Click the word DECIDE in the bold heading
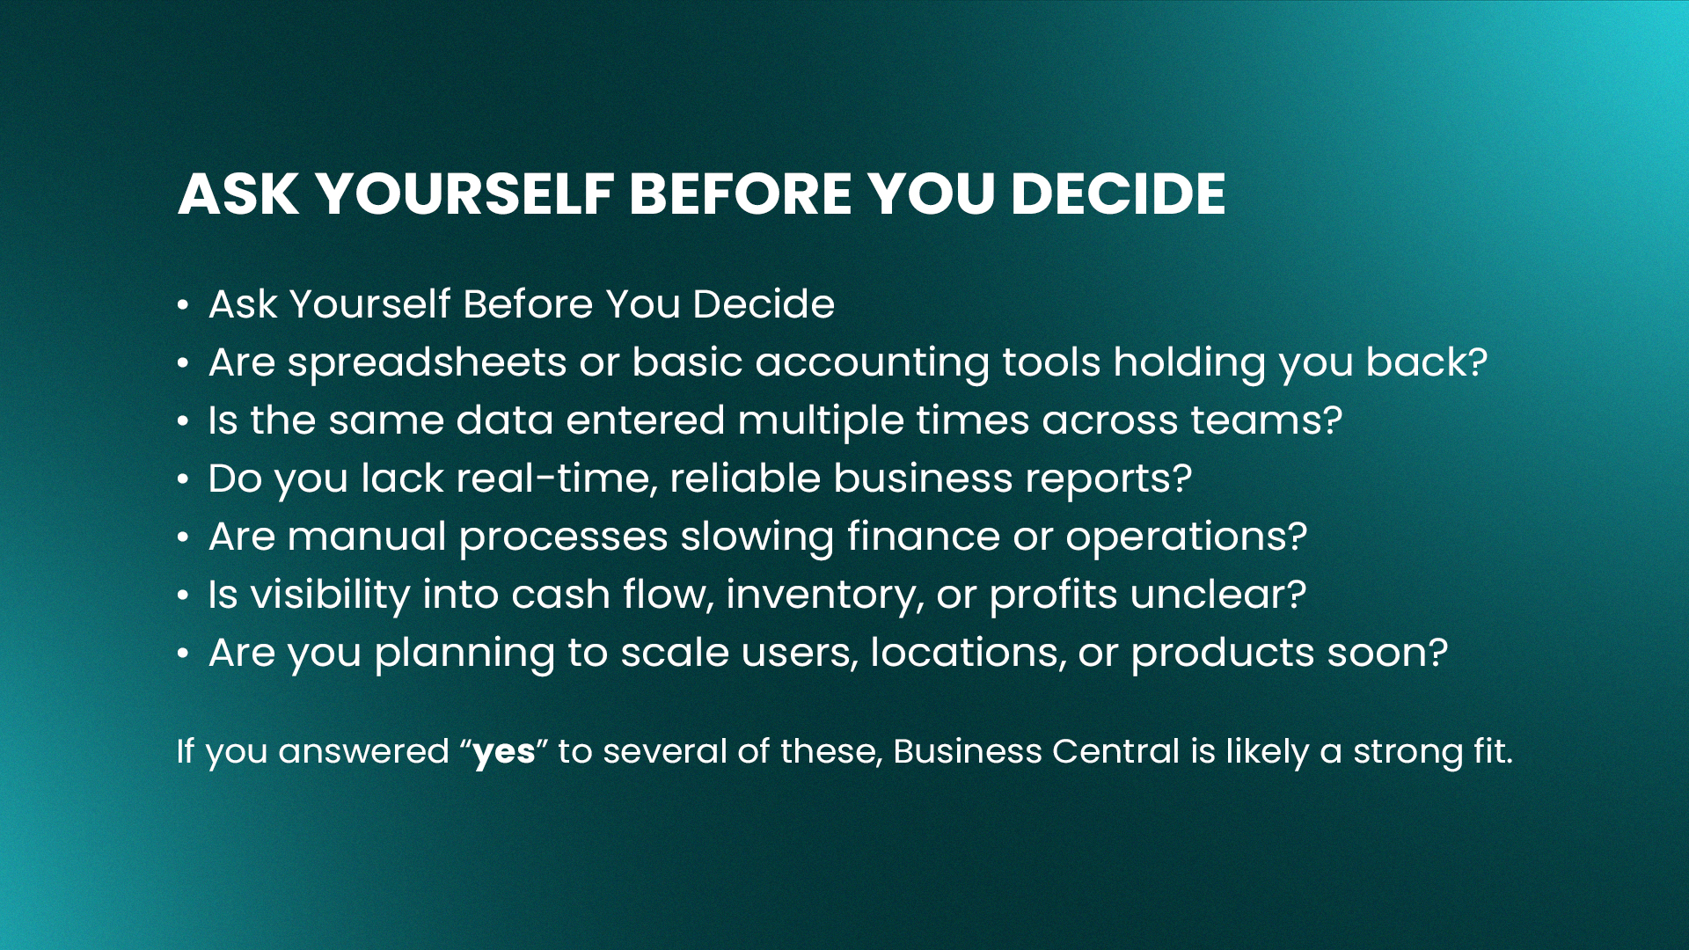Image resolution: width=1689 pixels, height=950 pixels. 1118,194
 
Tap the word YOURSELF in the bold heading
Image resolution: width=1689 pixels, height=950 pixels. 464,194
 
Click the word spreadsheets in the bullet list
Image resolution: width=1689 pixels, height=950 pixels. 427,363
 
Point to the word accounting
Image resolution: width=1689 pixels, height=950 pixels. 872,363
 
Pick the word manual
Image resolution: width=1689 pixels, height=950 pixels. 367,537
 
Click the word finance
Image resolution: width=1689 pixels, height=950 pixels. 924,537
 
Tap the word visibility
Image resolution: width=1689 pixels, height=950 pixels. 331,596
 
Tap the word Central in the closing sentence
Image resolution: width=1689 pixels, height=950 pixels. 1115,751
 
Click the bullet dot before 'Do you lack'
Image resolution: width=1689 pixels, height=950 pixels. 183,479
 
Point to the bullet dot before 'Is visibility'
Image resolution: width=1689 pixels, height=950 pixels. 183,596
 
